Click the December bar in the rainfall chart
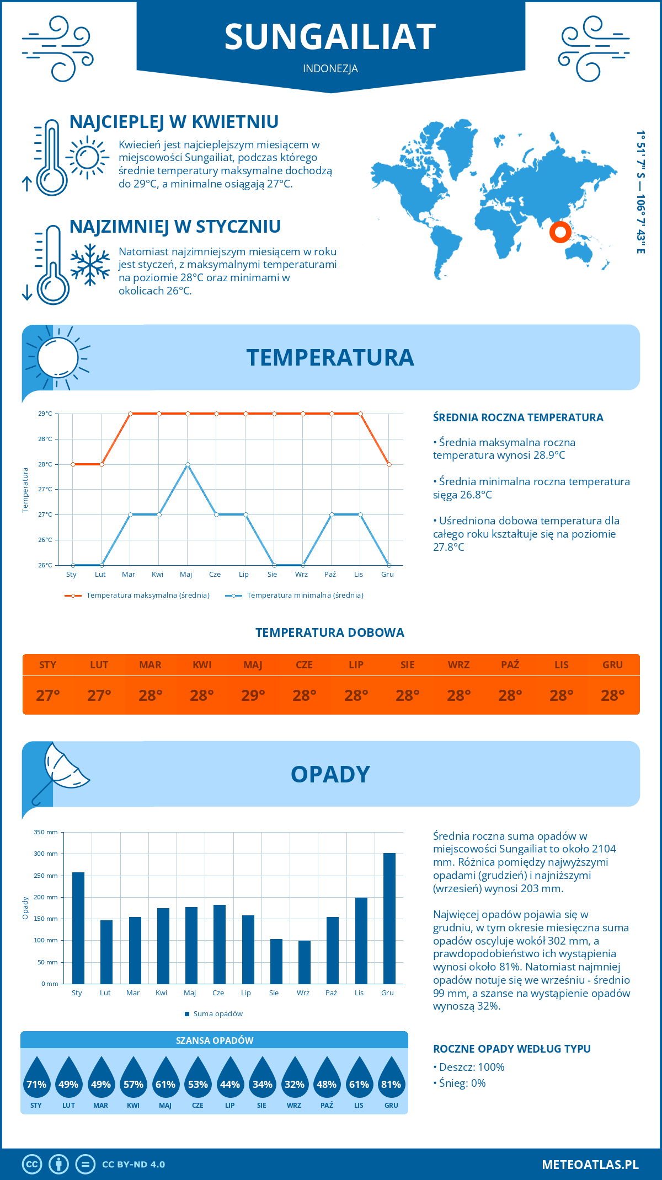pyautogui.click(x=389, y=918)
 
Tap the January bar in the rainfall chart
pyautogui.click(x=78, y=927)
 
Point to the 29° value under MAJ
pyautogui.click(x=253, y=695)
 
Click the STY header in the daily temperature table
pyautogui.click(x=48, y=664)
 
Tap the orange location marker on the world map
pyautogui.click(x=560, y=232)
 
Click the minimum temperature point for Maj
pyautogui.click(x=188, y=464)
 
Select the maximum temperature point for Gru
pyautogui.click(x=389, y=464)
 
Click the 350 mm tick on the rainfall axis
pyautogui.click(x=46, y=832)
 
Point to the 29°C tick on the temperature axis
pyautogui.click(x=45, y=414)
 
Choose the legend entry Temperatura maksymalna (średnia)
pyautogui.click(x=148, y=596)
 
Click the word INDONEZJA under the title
pyautogui.click(x=330, y=68)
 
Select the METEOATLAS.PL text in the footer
pyautogui.click(x=590, y=1164)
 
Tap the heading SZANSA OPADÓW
pyautogui.click(x=215, y=1040)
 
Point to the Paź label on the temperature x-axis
pyautogui.click(x=330, y=575)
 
